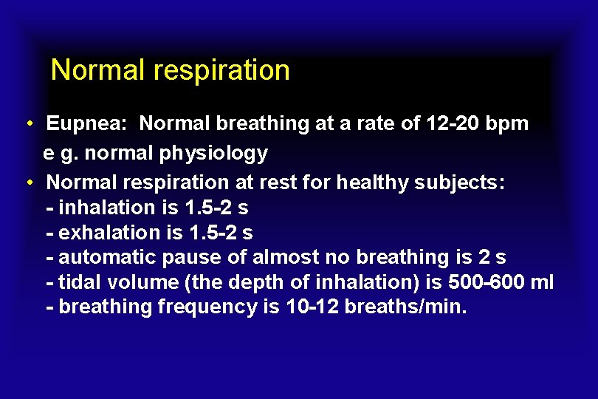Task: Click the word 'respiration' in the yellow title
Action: [221, 71]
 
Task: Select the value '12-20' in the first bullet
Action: [453, 123]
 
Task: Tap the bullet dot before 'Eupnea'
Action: [27, 123]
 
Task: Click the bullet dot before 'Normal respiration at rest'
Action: [27, 182]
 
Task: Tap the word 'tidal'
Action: [80, 282]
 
